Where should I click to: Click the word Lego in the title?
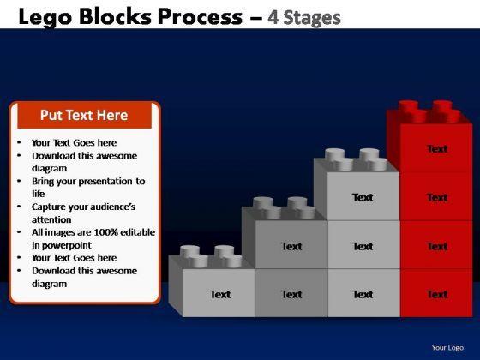[45, 18]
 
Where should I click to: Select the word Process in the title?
[200, 16]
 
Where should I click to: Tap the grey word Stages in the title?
[312, 18]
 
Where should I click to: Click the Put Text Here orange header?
[84, 116]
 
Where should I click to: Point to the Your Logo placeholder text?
[447, 347]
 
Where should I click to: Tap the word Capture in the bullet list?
[48, 207]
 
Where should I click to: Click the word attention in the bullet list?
[51, 219]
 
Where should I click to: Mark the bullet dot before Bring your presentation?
[19, 181]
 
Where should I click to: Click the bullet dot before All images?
[19, 232]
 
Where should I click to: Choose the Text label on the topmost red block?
[437, 149]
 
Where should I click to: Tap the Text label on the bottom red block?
[437, 294]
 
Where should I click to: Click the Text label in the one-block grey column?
[220, 294]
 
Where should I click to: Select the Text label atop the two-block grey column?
[291, 246]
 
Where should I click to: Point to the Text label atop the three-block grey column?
[363, 197]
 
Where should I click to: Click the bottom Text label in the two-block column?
[291, 294]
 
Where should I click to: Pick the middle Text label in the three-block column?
[363, 246]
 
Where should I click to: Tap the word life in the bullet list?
[39, 194]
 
